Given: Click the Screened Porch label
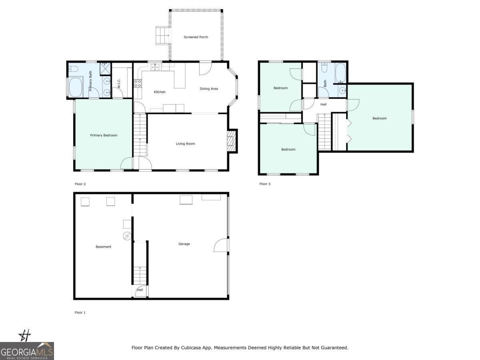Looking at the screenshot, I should [x=196, y=37].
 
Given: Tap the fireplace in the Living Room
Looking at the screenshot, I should [x=232, y=141].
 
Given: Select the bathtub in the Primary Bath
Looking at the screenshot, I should [x=76, y=88].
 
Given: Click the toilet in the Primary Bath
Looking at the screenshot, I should [x=73, y=69].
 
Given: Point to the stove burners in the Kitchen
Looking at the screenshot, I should [x=137, y=83].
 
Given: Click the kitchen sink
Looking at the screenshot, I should [x=155, y=67].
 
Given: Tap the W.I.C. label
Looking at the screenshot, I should [x=119, y=83].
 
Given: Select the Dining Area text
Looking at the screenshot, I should [x=209, y=89].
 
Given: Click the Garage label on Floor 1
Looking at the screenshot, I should [x=184, y=244].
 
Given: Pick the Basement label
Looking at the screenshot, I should [x=103, y=247].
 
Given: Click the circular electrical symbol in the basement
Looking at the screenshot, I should [x=127, y=236].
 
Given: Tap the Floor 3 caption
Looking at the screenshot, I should [x=265, y=184].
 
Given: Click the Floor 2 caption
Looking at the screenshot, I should [x=80, y=184].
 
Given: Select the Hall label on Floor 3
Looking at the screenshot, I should [x=323, y=105].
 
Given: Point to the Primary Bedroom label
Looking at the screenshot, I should [x=104, y=135].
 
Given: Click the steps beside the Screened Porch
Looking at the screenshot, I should [x=163, y=36].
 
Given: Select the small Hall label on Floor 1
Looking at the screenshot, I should [x=140, y=290].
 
